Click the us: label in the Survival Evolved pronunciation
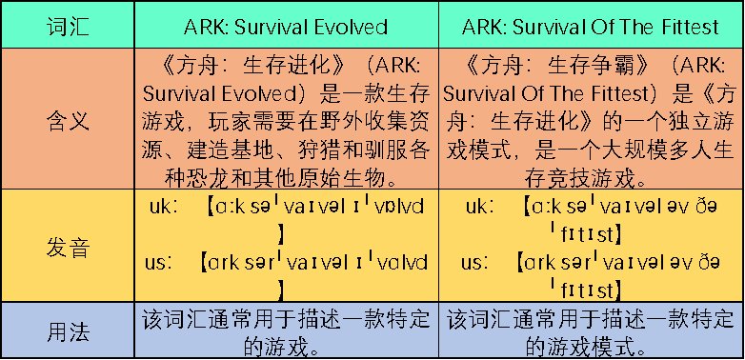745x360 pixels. (164, 261)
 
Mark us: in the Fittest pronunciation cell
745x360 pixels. (477, 261)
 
